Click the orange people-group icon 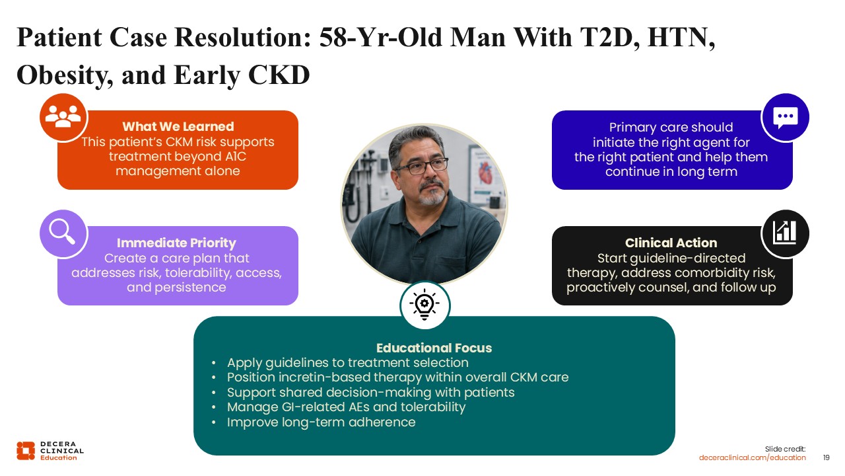tap(63, 117)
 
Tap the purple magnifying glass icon tap(63, 232)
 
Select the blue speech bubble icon tap(786, 118)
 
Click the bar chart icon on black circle tap(785, 233)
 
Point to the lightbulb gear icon tap(424, 305)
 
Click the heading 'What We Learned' tap(178, 126)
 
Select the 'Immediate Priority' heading tap(176, 243)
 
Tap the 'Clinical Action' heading tap(671, 243)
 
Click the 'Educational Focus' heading tap(434, 348)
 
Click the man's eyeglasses tap(421, 166)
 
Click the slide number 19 tap(826, 457)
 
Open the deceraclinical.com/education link tap(752, 457)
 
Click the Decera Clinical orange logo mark tap(26, 451)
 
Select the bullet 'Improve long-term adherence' tap(321, 422)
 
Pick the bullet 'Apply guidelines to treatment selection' tap(347, 363)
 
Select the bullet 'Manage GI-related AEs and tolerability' tap(346, 407)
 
